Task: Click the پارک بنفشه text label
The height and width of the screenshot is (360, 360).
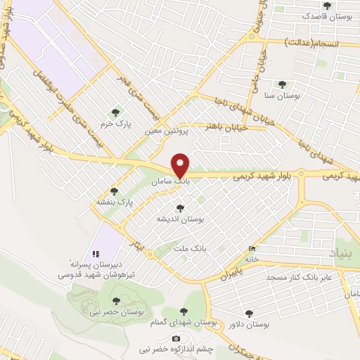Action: point(115,202)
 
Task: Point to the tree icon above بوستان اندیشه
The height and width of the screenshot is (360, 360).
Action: point(181,208)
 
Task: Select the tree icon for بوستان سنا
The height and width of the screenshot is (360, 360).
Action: point(283,84)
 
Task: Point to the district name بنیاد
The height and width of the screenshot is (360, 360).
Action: point(345,250)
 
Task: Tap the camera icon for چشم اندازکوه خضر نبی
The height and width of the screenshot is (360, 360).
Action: point(176,338)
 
